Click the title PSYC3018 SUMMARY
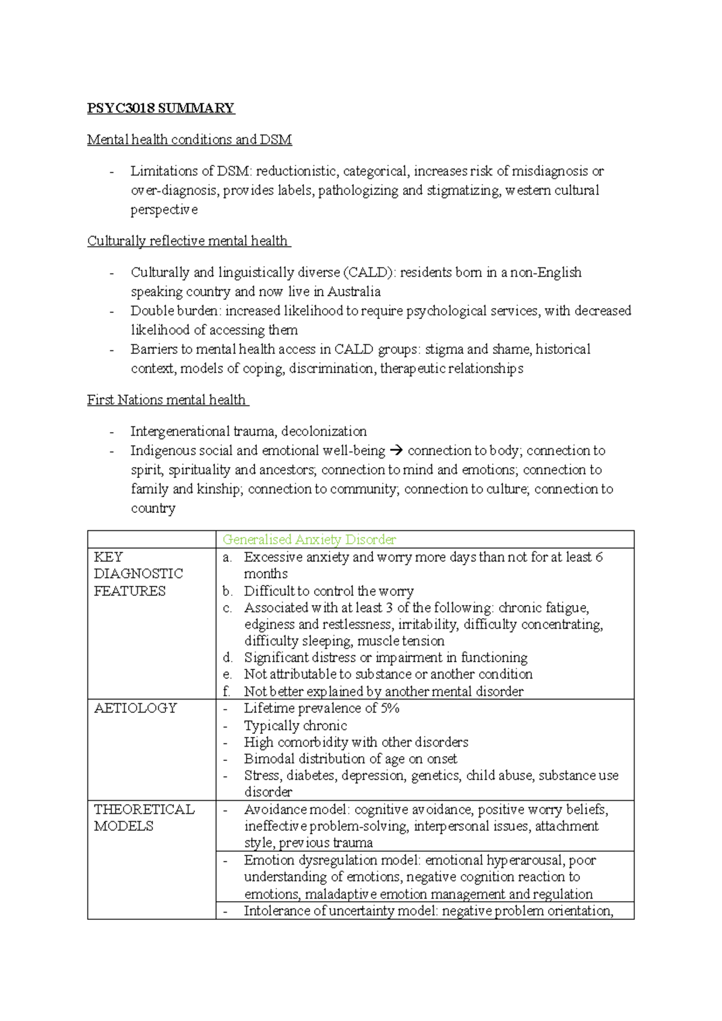(x=161, y=108)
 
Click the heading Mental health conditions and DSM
(x=190, y=140)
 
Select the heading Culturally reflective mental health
(x=188, y=241)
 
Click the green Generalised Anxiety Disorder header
(x=309, y=539)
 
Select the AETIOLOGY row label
(x=135, y=708)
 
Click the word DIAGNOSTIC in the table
(x=138, y=574)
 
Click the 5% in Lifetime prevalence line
(x=390, y=708)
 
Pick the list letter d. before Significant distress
(x=227, y=657)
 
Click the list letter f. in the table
(x=226, y=691)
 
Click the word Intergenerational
(x=180, y=431)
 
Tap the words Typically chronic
(x=295, y=725)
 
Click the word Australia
(x=354, y=291)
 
